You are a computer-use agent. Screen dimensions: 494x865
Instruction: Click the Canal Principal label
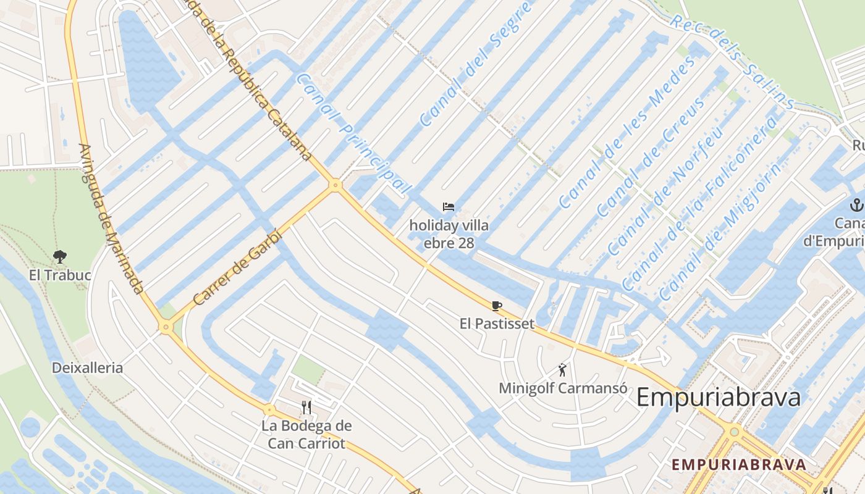point(353,133)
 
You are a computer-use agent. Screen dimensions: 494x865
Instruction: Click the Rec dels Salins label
point(732,62)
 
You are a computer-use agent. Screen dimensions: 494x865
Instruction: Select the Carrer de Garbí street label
point(237,267)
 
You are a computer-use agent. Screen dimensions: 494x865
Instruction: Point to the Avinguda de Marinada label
point(111,219)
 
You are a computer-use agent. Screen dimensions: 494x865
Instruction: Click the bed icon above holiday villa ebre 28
point(449,207)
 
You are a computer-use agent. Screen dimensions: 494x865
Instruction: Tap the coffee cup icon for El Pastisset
point(497,306)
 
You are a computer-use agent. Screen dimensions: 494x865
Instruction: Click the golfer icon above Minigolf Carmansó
point(562,370)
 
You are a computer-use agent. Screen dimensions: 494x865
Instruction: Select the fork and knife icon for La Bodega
point(306,406)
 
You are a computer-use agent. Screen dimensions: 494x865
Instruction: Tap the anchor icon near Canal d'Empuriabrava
point(857,205)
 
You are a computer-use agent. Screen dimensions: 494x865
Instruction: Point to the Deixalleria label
point(87,368)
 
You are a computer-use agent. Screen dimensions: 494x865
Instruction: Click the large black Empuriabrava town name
point(719,397)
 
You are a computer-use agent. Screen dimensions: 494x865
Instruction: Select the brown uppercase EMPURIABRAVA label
point(739,465)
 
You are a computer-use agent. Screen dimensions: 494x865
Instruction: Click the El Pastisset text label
point(497,324)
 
